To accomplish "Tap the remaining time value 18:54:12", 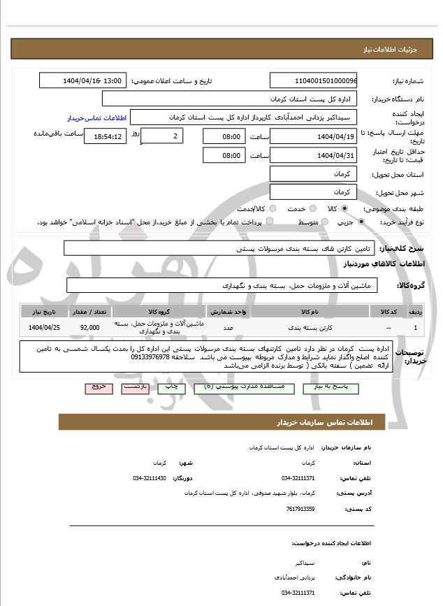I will coord(105,137).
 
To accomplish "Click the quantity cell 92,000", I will coord(90,327).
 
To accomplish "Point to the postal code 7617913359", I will coord(300,510).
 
